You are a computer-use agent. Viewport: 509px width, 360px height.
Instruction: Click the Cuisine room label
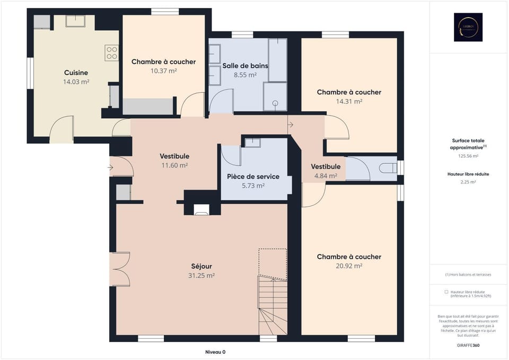point(76,73)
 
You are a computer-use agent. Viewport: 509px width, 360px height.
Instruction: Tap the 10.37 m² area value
point(163,71)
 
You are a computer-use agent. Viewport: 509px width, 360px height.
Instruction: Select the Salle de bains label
point(245,66)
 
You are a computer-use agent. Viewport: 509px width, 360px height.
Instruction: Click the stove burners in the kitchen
point(112,52)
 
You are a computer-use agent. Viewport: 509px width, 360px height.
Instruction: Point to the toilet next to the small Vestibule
point(388,168)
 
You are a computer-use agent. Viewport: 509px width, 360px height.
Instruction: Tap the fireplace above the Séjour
point(202,210)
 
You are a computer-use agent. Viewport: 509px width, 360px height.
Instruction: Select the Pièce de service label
point(253,177)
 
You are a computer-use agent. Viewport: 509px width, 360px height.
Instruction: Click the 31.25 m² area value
point(201,275)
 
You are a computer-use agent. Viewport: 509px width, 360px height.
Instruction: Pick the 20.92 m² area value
point(349,266)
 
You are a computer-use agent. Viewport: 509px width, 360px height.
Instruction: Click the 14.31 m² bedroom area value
point(349,101)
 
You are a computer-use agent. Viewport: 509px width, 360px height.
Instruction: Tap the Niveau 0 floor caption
point(215,352)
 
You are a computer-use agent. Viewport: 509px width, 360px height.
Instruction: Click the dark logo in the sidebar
point(468,28)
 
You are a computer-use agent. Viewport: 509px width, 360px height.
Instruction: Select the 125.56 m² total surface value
point(468,156)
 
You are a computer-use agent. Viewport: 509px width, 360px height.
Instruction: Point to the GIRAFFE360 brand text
point(468,345)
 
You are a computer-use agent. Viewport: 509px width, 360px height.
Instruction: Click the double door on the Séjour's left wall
point(120,269)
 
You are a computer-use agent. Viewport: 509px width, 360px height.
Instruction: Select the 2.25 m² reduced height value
point(468,181)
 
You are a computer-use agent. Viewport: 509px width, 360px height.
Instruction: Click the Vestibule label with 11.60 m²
point(174,156)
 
